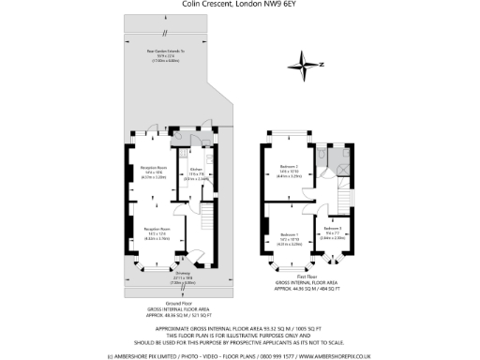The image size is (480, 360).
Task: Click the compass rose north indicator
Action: pyautogui.click(x=308, y=64)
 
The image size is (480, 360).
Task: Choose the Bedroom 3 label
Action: pyautogui.click(x=332, y=229)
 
